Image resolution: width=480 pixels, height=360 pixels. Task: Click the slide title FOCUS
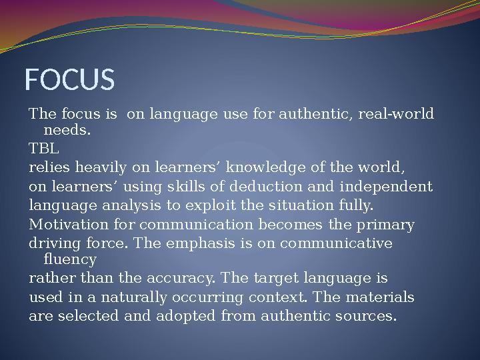(x=69, y=80)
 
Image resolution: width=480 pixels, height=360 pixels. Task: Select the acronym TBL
(x=44, y=147)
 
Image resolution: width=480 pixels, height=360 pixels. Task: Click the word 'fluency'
(x=69, y=259)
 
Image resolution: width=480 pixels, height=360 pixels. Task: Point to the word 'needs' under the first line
(x=66, y=129)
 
